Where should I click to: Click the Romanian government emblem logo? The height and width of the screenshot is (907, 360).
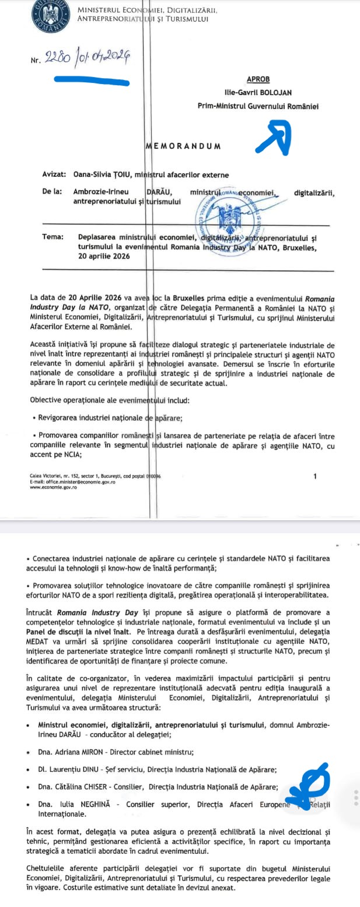pyautogui.click(x=50, y=15)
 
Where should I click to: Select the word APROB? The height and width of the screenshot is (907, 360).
pyautogui.click(x=258, y=79)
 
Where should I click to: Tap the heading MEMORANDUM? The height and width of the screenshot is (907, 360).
pyautogui.click(x=183, y=146)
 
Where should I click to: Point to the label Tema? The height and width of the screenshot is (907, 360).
pyautogui.click(x=53, y=237)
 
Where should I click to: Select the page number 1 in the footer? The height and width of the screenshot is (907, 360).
pyautogui.click(x=315, y=477)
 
